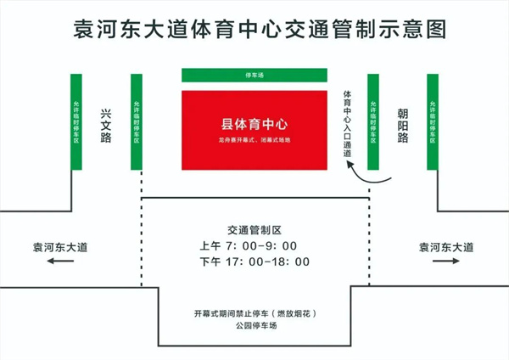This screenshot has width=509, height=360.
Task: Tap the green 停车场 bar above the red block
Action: pos(255,76)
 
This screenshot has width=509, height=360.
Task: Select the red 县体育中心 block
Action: pos(255,128)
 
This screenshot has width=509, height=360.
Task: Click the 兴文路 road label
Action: pos(106,125)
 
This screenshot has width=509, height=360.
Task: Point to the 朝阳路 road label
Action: pos(403,125)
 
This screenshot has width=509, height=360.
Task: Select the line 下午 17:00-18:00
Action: pos(255,262)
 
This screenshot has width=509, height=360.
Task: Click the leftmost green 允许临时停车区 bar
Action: pos(76,121)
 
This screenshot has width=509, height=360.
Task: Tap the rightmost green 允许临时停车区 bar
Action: pos(433,121)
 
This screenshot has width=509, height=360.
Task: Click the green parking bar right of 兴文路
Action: pos(136,121)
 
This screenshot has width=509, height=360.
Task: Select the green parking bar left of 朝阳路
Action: pos(372,121)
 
